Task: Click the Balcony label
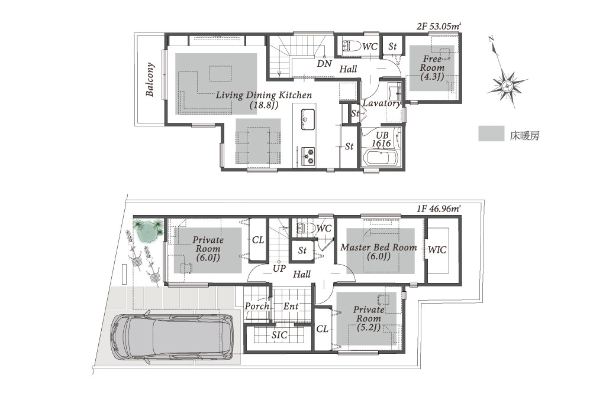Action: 150,79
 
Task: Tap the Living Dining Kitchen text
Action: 263,95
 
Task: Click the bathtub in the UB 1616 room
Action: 381,158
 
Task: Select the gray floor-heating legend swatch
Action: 491,133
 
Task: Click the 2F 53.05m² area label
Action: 439,27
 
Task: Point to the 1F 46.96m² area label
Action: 439,209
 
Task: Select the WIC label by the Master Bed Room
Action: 437,250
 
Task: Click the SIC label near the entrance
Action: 279,335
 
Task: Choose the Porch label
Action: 257,306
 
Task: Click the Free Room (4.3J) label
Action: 432,68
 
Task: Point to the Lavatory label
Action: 382,103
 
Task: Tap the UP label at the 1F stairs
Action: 279,269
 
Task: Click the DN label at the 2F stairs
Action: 324,64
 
